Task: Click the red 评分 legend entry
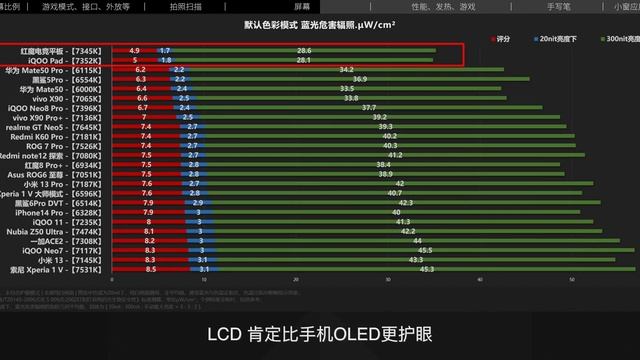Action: click(x=502, y=38)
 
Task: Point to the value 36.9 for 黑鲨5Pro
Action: click(x=359, y=79)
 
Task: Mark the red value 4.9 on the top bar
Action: click(x=134, y=50)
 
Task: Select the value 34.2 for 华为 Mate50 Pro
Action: click(x=346, y=70)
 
